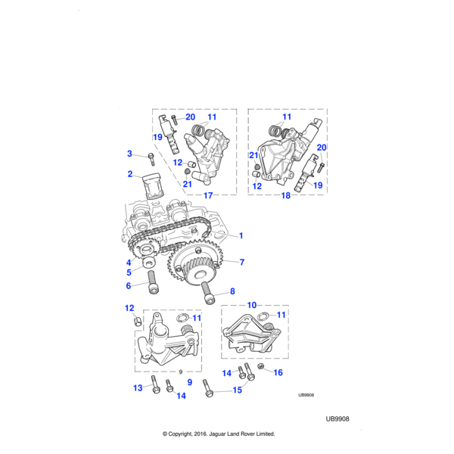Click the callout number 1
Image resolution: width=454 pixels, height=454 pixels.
coord(241,236)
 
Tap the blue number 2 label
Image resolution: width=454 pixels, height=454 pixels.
coord(129,175)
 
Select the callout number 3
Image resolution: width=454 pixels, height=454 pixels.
coord(129,154)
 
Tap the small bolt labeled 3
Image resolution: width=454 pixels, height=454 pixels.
coord(151,158)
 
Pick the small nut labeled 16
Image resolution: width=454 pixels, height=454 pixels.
coord(261,367)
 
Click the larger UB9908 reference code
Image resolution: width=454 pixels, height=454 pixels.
coord(337,418)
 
